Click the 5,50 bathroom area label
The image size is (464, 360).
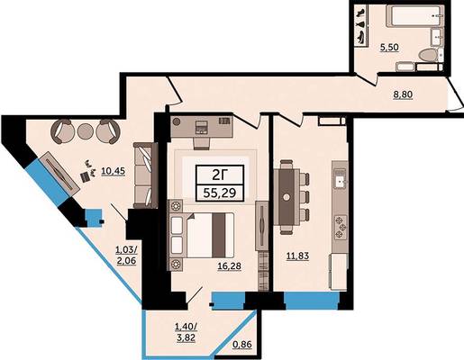[x=389, y=48]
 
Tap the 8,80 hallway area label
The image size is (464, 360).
[x=403, y=94]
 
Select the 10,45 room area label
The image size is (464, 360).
[x=113, y=171]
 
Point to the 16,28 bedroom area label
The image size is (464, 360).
[x=230, y=265]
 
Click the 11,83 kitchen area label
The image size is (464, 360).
[x=297, y=256]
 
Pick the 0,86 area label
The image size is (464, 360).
[x=242, y=345]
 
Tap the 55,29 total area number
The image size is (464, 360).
[x=220, y=193]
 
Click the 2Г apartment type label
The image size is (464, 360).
[x=220, y=175]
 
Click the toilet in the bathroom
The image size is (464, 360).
[x=430, y=56]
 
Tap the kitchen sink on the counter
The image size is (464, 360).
[x=340, y=179]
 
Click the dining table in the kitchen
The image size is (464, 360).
[x=287, y=197]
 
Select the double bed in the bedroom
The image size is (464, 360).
[x=202, y=235]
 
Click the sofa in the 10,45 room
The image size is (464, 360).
[x=146, y=175]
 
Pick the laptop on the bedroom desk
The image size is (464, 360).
[x=201, y=126]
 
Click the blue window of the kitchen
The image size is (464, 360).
[x=312, y=301]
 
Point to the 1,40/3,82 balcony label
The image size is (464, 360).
[x=187, y=332]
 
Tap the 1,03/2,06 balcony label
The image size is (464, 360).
[x=126, y=255]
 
